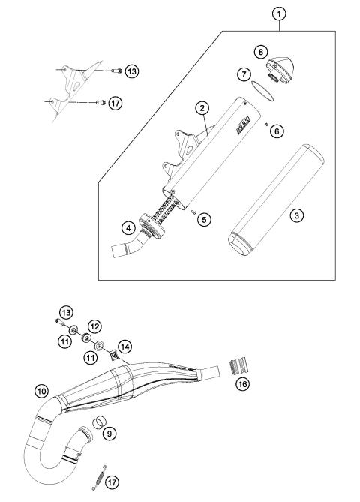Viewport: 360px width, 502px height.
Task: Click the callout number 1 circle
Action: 279,13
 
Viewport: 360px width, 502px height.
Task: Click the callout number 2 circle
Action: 202,108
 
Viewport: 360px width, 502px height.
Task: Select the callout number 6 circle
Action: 277,131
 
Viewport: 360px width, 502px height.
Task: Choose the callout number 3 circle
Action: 298,216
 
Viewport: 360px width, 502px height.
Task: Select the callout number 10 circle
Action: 42,390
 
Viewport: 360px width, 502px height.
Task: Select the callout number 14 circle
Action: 124,347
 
